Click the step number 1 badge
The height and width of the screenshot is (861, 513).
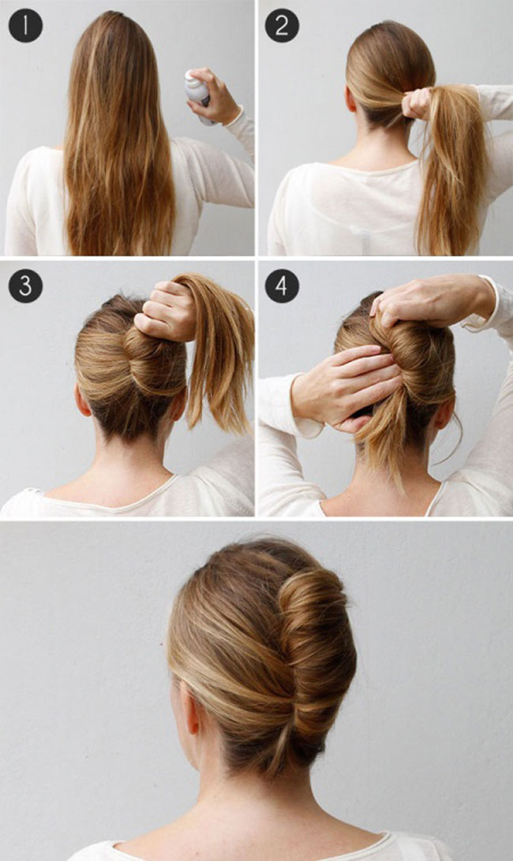point(25,25)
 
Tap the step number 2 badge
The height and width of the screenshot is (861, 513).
point(282,25)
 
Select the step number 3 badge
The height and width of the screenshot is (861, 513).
point(25,285)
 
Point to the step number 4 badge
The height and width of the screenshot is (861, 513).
point(282,285)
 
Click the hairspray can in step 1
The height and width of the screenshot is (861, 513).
point(198,93)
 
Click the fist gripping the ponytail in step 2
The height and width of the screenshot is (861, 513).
point(417,103)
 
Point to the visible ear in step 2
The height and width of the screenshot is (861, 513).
point(350,99)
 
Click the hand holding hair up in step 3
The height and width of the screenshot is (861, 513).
point(165,310)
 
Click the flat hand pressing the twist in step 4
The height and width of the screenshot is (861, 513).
point(346,387)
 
